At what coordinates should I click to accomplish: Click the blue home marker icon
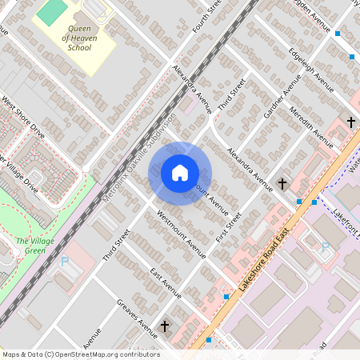(x=180, y=173)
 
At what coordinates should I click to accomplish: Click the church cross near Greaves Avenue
(x=165, y=326)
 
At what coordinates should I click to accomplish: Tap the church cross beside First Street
(x=282, y=184)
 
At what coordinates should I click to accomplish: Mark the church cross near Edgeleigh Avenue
(x=350, y=122)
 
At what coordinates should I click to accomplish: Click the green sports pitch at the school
(x=54, y=11)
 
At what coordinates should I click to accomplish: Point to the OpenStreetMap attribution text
(x=80, y=354)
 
